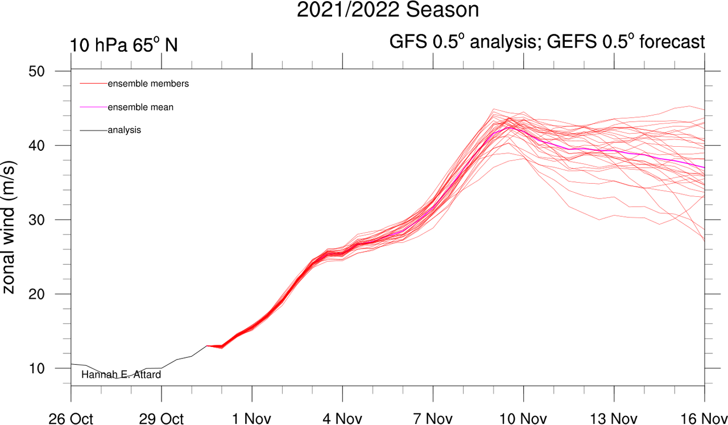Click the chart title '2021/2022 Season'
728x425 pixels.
point(388,10)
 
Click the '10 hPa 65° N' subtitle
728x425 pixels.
point(124,44)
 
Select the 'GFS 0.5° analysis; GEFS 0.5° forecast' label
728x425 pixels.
point(547,42)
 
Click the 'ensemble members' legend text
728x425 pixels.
point(148,84)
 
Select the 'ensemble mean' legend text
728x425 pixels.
point(140,107)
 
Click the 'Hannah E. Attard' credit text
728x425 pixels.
point(121,374)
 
